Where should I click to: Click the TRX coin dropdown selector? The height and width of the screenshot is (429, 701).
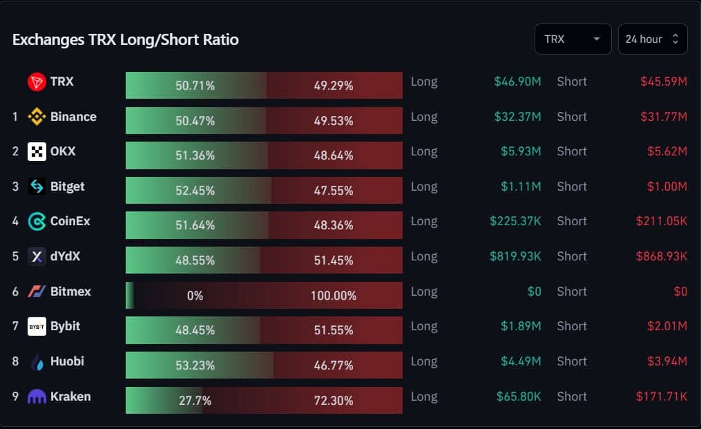tap(573, 39)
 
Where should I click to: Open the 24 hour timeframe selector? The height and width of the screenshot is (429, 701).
tap(653, 39)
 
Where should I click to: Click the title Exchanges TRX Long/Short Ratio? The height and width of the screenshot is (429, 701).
tap(126, 40)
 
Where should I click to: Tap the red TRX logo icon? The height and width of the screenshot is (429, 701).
tap(37, 82)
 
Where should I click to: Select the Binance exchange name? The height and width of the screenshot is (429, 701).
tap(73, 117)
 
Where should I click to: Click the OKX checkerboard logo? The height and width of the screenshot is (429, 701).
tap(37, 152)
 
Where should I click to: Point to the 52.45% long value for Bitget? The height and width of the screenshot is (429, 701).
tap(195, 191)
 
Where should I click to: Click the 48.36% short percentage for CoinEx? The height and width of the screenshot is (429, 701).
tap(334, 225)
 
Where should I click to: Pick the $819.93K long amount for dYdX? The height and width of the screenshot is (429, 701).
tap(515, 256)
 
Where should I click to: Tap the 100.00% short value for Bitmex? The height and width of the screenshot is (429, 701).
tap(334, 296)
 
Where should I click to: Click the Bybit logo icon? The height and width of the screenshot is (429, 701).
tap(37, 327)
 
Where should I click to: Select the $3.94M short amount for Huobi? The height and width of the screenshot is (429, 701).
tap(667, 361)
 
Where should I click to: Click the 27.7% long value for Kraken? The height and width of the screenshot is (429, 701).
tap(195, 401)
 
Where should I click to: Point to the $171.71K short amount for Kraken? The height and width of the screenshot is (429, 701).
tap(662, 397)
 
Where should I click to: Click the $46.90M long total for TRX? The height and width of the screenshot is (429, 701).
tap(518, 82)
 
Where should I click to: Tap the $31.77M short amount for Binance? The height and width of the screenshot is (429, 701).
tap(664, 117)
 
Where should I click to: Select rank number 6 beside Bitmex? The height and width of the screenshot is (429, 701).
tap(16, 292)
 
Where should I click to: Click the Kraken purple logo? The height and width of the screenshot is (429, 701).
tap(37, 397)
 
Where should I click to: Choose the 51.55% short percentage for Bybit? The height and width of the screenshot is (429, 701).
tap(334, 330)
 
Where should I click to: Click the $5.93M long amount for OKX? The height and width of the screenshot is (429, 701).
tap(521, 152)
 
